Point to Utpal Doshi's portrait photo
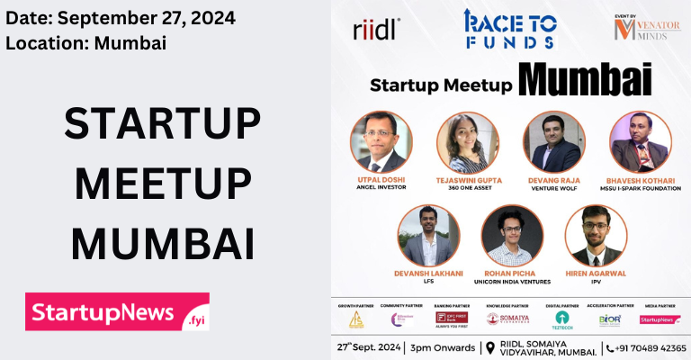pos(381,141)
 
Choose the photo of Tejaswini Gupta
pos(467,141)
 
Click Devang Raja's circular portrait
pos(553,141)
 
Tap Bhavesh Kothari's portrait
pos(640,141)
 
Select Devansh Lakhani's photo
pos(427,235)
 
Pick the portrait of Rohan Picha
pos(512,235)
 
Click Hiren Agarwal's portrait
pos(596,235)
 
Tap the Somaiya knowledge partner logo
pos(514,319)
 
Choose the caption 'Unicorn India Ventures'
pos(512,282)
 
